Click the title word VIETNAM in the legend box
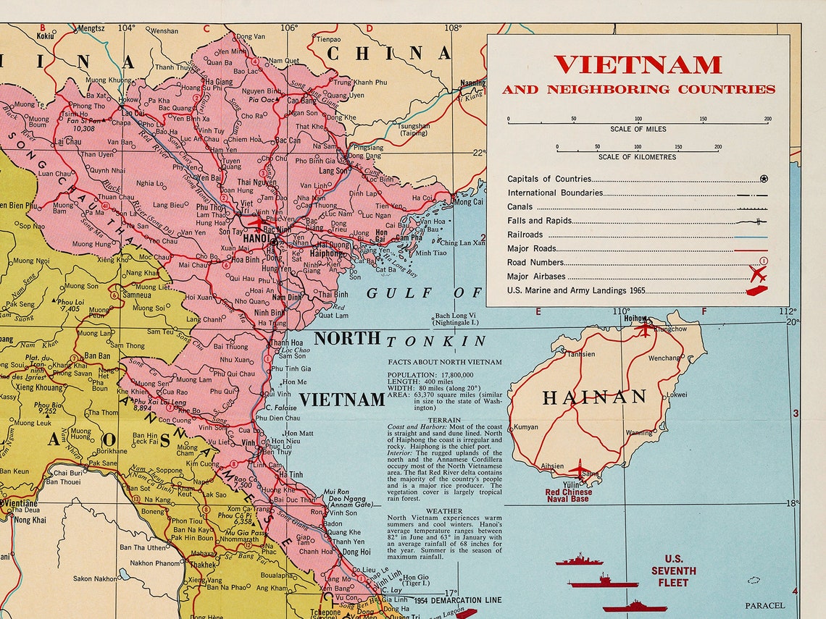point(638,65)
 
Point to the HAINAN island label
point(594,397)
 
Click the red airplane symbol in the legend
point(758,274)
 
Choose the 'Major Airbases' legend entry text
point(536,277)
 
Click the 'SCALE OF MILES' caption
point(638,130)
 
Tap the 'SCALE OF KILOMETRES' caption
point(637,157)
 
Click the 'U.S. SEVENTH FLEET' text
point(673,570)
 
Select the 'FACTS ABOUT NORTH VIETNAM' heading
point(444,362)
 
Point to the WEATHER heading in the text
point(444,510)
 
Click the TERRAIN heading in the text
point(444,420)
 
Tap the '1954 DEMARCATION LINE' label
point(458,601)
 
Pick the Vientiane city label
point(20,502)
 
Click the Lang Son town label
point(334,172)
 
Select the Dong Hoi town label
point(356,552)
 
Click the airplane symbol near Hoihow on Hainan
point(644,329)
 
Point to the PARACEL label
point(764,605)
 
